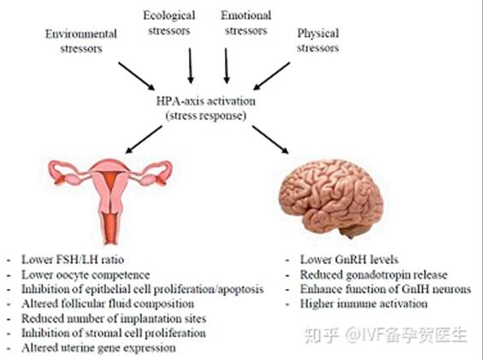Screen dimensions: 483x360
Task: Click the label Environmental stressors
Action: (x=81, y=41)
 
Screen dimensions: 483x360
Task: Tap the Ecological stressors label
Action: (x=169, y=23)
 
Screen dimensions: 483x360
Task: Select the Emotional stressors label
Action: (x=246, y=23)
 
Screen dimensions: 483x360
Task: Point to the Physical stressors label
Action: (x=318, y=40)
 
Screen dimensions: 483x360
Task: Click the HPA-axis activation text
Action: (x=206, y=101)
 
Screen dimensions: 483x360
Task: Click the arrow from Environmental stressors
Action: (x=137, y=76)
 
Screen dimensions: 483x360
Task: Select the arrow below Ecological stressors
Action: (x=191, y=66)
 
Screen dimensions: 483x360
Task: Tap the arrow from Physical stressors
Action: (x=271, y=76)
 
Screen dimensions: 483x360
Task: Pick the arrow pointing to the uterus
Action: (x=144, y=139)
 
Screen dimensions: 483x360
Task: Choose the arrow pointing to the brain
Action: (x=270, y=139)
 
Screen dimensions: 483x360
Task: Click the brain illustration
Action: (x=331, y=198)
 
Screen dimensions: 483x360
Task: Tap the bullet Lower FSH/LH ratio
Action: (x=73, y=259)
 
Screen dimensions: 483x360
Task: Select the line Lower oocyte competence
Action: (x=85, y=274)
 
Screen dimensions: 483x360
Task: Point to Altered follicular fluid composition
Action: (x=108, y=304)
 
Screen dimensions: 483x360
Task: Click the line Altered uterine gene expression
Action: (x=98, y=348)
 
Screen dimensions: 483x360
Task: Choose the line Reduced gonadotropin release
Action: (x=374, y=274)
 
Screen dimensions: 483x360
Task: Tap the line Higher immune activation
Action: (x=364, y=304)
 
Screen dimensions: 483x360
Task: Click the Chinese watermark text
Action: (x=386, y=335)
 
